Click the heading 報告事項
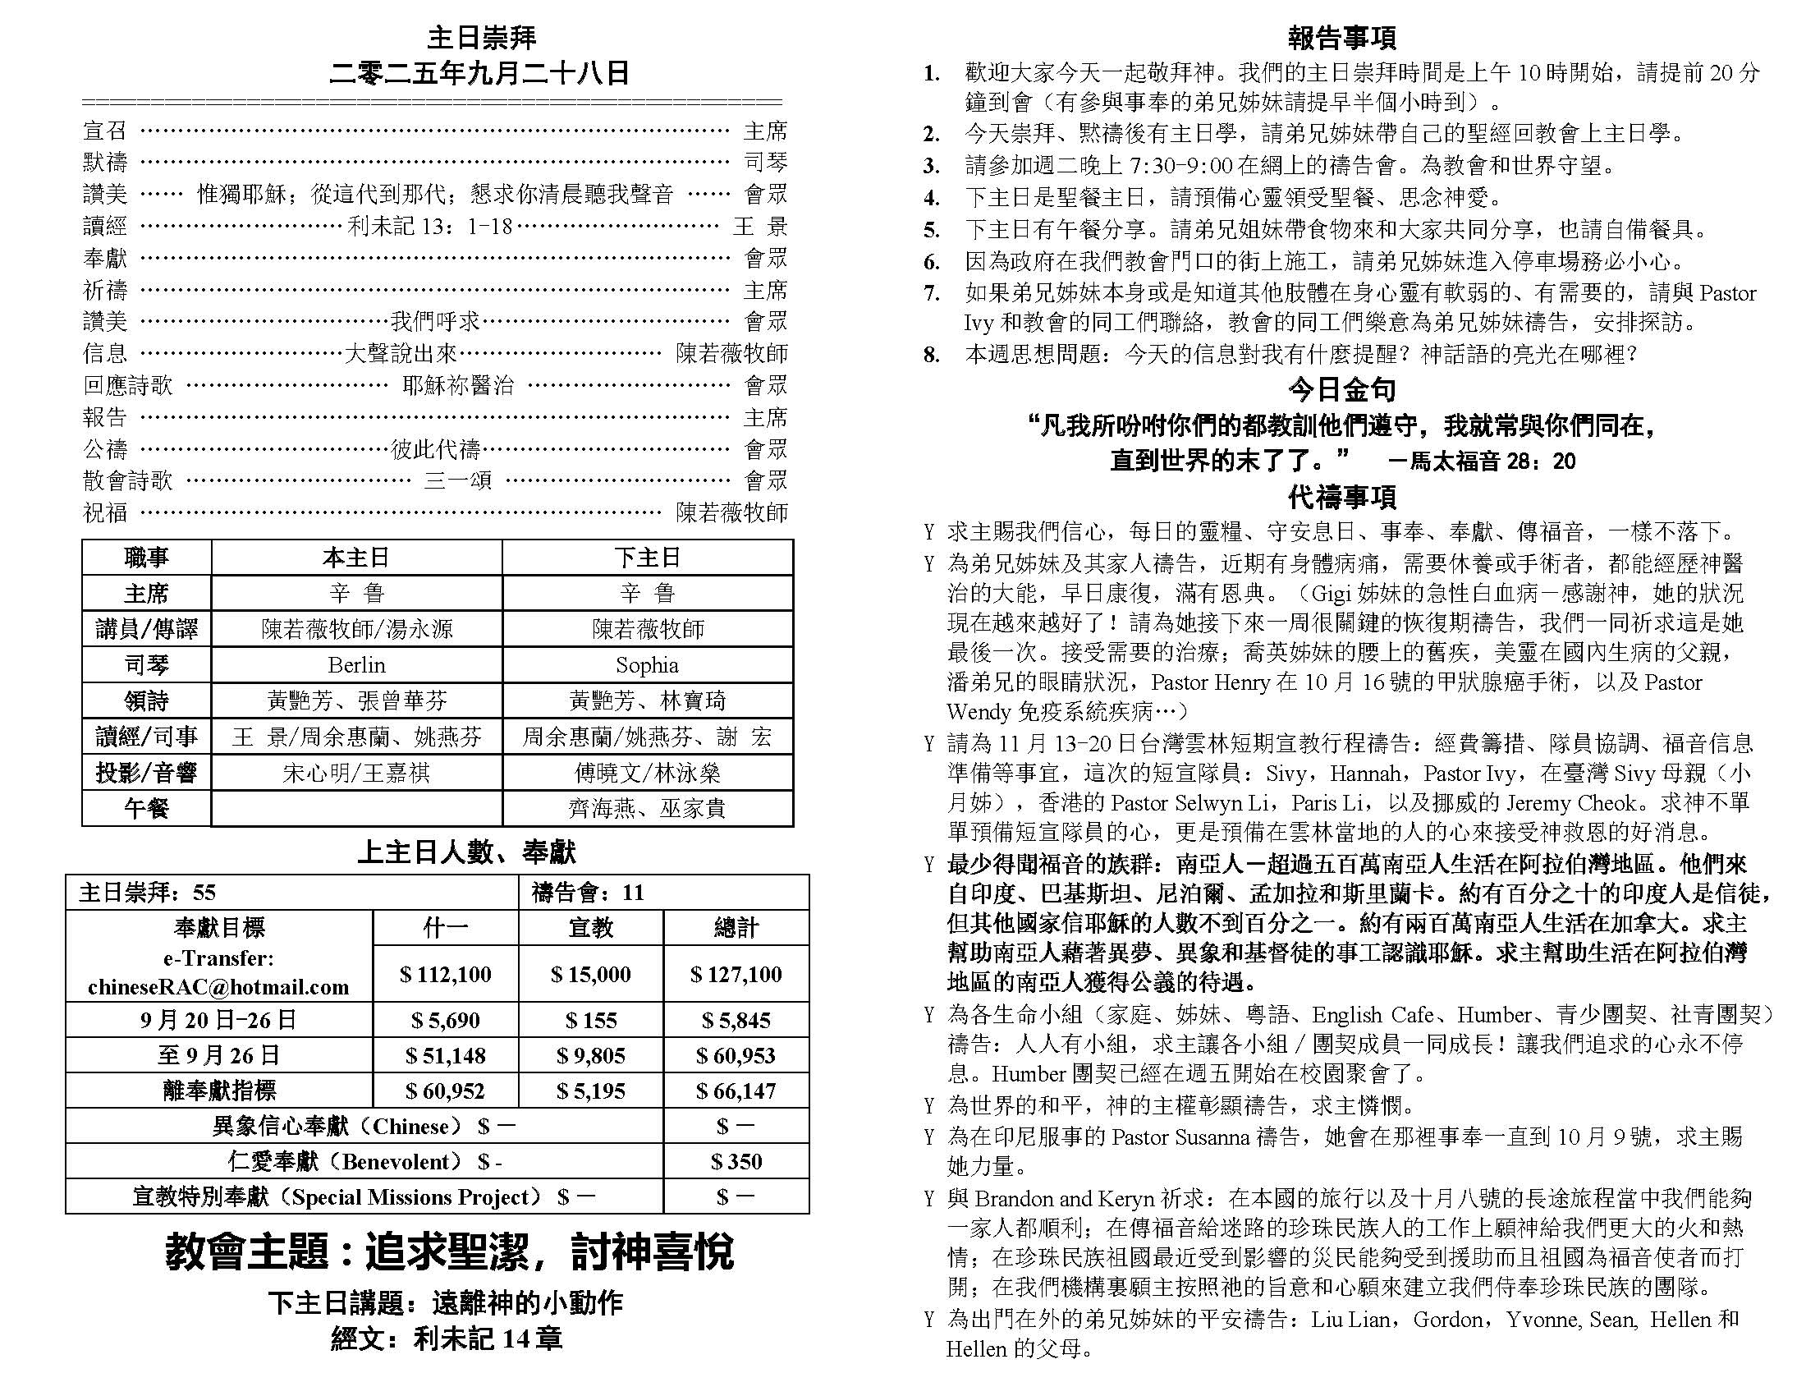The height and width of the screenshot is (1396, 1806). tap(1341, 38)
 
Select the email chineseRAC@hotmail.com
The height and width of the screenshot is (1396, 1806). tap(218, 986)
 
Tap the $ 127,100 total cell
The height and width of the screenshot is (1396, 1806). tap(736, 974)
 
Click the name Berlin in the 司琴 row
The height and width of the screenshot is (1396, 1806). tap(356, 665)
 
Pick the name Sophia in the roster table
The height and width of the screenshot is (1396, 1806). tap(647, 665)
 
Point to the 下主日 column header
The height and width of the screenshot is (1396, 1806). tap(647, 558)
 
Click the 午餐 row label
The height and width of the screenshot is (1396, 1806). tap(146, 808)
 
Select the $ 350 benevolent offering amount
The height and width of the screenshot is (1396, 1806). tap(736, 1161)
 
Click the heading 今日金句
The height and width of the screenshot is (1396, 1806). tap(1341, 389)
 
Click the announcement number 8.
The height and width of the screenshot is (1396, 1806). tap(931, 356)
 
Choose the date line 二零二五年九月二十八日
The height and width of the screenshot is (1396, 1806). tap(479, 74)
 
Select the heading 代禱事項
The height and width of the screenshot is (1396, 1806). tap(1341, 498)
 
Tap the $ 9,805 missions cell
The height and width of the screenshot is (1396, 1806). tap(590, 1056)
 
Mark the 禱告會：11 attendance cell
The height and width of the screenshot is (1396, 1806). tap(587, 893)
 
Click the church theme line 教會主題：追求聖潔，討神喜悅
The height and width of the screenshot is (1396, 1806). tap(449, 1251)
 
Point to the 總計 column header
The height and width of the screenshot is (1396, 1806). tap(736, 928)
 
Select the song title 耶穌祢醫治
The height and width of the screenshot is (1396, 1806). tap(457, 385)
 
